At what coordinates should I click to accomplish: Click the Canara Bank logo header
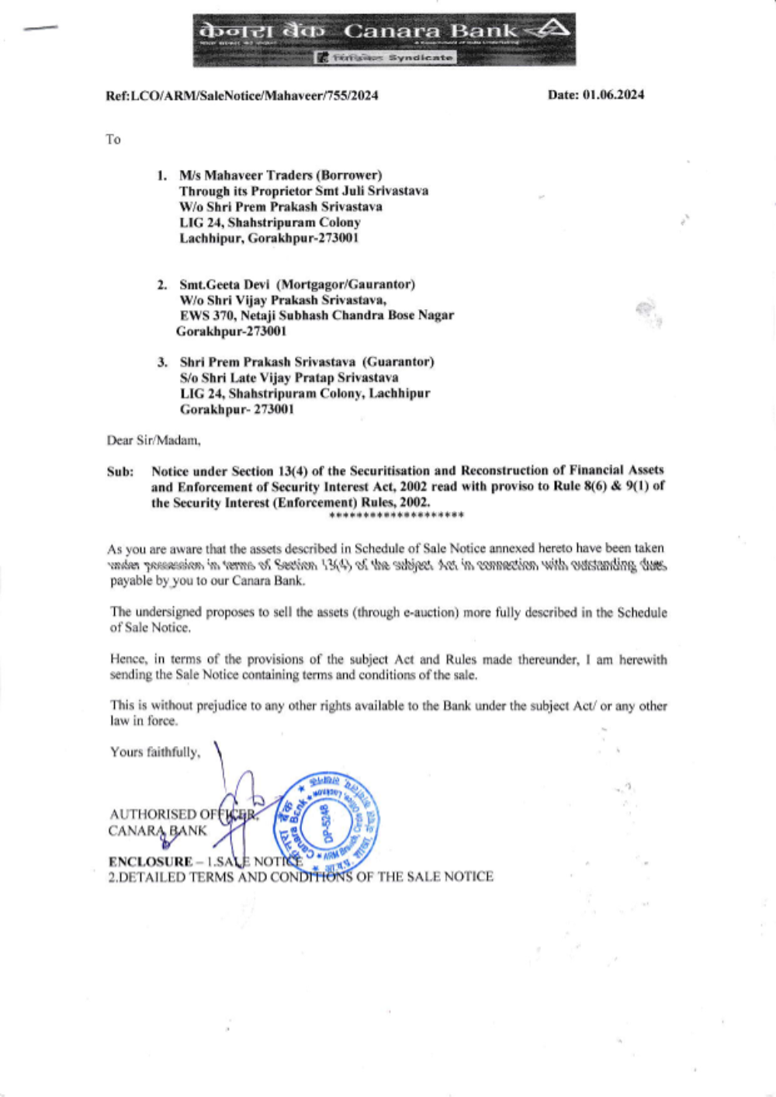pos(384,39)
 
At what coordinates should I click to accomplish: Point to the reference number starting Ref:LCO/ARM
pos(242,95)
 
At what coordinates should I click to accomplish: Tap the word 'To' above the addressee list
pos(113,140)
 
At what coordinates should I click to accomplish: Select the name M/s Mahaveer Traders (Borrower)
pos(280,175)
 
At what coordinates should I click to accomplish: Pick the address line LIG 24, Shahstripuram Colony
pos(269,222)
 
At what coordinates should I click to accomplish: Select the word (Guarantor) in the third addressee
pos(399,362)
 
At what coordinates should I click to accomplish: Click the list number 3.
pos(162,362)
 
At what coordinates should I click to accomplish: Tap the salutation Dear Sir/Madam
pos(154,440)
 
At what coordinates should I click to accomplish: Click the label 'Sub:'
pos(120,471)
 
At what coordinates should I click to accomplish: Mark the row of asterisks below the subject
pos(397,516)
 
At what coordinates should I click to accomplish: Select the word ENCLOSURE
pos(151,861)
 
